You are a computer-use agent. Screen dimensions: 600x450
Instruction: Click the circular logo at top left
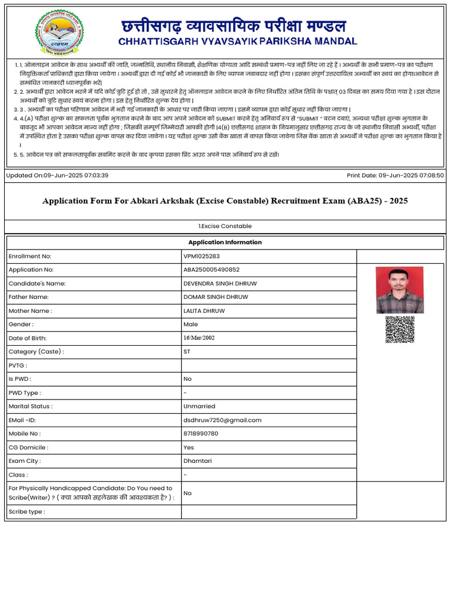(x=59, y=33)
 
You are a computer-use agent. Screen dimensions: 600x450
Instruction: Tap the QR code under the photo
(x=400, y=329)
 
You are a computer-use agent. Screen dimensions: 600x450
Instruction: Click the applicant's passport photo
(x=400, y=290)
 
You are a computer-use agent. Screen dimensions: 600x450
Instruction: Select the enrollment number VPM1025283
(x=203, y=257)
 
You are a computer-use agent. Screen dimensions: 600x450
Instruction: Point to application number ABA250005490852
(x=212, y=270)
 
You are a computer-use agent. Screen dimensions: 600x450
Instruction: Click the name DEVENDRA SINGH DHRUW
(x=220, y=284)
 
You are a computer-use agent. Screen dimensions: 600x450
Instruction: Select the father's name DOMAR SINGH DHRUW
(x=216, y=297)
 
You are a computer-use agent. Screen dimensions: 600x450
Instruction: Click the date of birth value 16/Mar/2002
(x=199, y=338)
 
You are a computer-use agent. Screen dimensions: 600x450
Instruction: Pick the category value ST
(x=187, y=352)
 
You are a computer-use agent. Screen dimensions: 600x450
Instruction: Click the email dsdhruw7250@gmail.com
(x=222, y=420)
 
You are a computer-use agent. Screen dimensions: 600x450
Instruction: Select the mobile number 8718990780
(x=200, y=434)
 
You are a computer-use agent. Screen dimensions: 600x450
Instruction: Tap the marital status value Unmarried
(x=199, y=406)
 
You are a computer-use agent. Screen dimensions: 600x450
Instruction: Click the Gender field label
(x=21, y=325)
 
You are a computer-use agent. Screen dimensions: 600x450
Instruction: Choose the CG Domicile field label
(x=28, y=448)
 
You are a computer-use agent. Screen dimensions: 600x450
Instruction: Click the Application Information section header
(x=225, y=243)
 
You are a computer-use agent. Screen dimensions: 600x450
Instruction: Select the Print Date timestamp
(x=395, y=175)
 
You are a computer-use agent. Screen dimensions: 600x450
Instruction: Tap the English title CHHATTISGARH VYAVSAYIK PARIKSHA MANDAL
(x=237, y=42)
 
